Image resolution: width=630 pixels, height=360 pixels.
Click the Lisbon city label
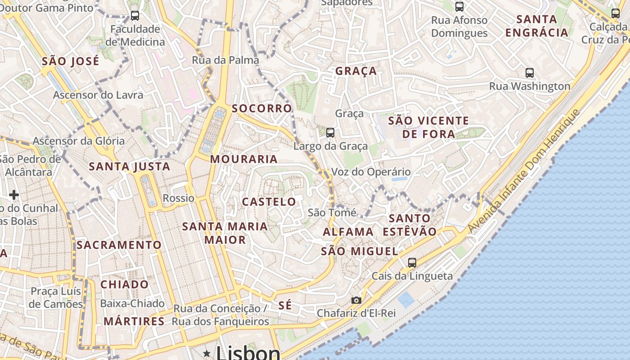[248, 353]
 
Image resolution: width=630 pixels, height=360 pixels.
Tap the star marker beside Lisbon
[207, 353]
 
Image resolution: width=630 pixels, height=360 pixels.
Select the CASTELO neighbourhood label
[269, 202]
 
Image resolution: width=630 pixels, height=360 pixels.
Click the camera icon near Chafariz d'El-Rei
[356, 300]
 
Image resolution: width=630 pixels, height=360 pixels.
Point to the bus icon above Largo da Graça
[330, 132]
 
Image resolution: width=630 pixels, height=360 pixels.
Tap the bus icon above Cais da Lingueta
[412, 262]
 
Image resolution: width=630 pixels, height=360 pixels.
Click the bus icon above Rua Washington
[530, 72]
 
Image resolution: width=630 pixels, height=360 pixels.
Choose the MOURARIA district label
[244, 159]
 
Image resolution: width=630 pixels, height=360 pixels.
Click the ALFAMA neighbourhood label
[348, 232]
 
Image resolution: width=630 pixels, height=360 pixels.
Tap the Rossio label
[179, 198]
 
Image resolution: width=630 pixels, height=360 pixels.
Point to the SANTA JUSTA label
[130, 166]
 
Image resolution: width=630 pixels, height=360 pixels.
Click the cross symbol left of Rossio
[14, 194]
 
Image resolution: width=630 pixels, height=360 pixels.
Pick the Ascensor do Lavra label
[98, 95]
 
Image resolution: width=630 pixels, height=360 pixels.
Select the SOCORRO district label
[262, 108]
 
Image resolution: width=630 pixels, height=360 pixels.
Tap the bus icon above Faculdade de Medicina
[135, 16]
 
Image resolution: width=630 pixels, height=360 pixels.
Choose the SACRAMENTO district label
[119, 245]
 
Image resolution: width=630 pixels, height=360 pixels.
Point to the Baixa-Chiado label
[132, 303]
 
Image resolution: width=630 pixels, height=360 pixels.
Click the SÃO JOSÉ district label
[71, 61]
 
